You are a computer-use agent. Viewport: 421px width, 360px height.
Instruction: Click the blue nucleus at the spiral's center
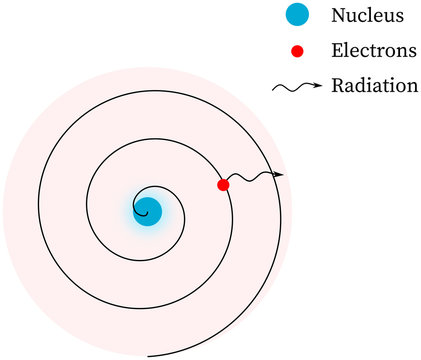click(x=147, y=211)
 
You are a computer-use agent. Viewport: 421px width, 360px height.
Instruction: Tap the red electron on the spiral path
click(x=223, y=185)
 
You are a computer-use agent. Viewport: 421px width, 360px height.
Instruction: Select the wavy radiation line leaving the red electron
click(x=250, y=178)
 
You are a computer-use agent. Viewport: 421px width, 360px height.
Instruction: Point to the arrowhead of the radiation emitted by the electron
click(x=279, y=175)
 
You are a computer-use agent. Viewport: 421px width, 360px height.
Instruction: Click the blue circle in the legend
click(x=297, y=16)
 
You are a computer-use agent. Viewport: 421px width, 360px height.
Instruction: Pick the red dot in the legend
click(x=297, y=51)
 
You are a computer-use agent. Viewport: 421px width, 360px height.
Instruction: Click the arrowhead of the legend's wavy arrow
click(x=318, y=85)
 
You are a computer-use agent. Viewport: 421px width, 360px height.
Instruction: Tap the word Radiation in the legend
click(x=374, y=85)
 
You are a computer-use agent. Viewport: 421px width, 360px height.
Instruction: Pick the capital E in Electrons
click(x=337, y=51)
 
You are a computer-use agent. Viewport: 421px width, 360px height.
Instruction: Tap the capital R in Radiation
click(x=338, y=85)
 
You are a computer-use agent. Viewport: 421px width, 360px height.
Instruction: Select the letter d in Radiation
click(x=364, y=85)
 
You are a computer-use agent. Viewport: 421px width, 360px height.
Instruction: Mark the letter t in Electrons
click(x=376, y=51)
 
